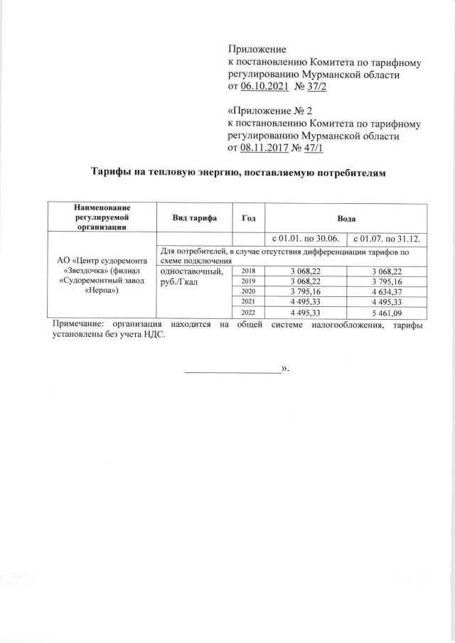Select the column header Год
click(249, 218)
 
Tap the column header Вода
click(346, 218)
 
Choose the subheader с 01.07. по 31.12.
click(386, 238)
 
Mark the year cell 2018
click(249, 271)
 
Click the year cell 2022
click(249, 312)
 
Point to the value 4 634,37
click(387, 291)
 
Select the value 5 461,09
click(387, 312)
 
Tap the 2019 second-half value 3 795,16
click(387, 281)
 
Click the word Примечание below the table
click(77, 325)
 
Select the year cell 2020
click(249, 291)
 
